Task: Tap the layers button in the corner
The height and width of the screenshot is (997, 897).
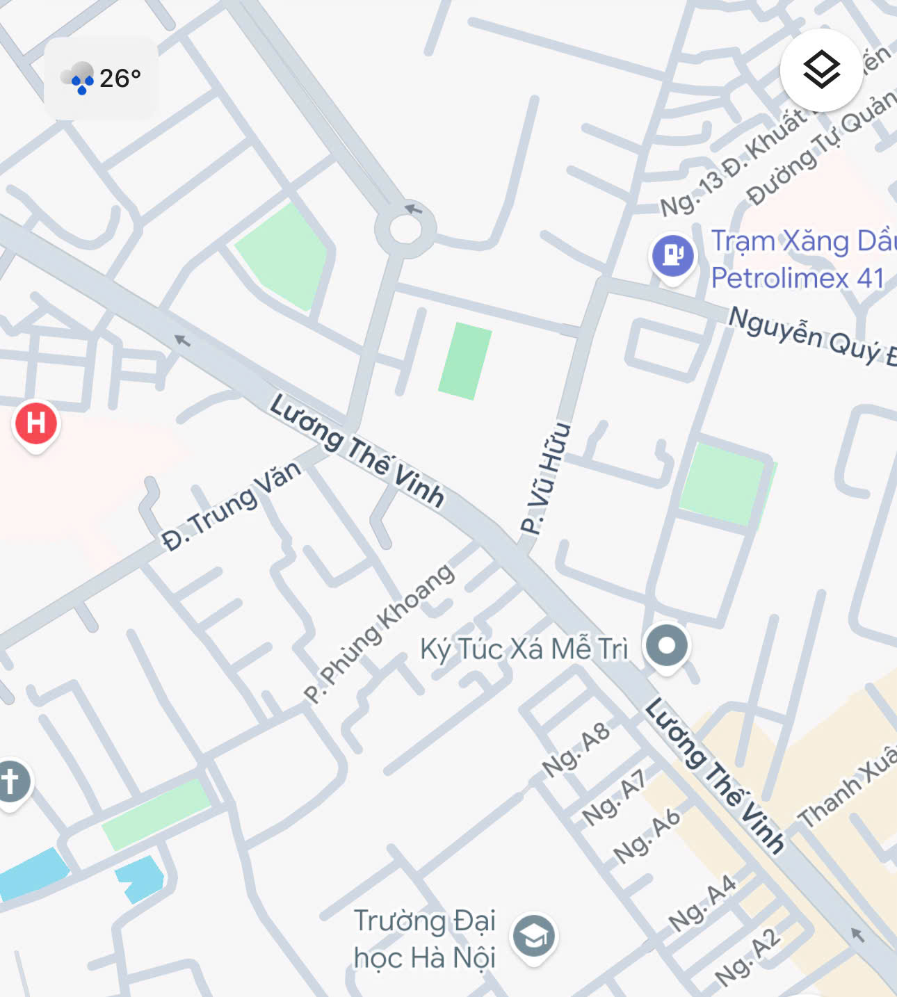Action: tap(821, 70)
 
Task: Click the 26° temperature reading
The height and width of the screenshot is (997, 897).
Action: tap(120, 78)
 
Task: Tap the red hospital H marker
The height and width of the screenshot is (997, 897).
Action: tap(36, 423)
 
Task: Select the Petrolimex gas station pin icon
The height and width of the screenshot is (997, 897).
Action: tap(672, 255)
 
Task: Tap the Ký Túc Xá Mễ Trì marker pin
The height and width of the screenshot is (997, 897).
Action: tap(666, 646)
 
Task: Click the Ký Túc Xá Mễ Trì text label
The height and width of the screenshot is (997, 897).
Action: tap(524, 649)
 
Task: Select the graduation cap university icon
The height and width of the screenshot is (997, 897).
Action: tap(533, 937)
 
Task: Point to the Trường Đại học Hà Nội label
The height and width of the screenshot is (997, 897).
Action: tap(424, 939)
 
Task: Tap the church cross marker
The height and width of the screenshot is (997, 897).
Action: tap(10, 781)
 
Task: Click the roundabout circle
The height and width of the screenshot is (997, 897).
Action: tap(405, 229)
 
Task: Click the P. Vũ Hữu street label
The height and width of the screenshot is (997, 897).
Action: tap(545, 478)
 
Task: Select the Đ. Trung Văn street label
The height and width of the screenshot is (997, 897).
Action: tap(232, 505)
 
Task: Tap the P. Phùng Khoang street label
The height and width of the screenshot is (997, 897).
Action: tap(380, 633)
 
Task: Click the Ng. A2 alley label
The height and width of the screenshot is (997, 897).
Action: tap(747, 957)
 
